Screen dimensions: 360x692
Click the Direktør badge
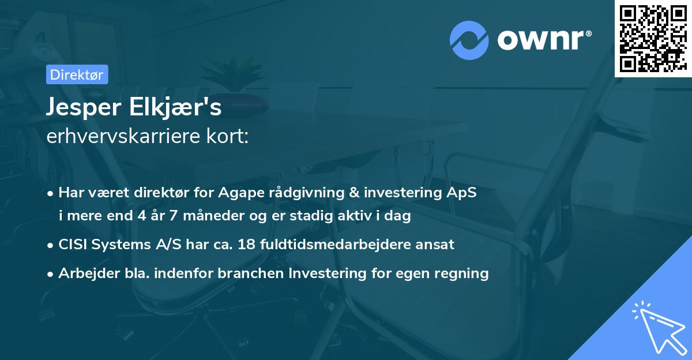pyautogui.click(x=77, y=75)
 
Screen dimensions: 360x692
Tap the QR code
pyautogui.click(x=653, y=38)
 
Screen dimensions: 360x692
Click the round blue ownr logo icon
pyautogui.click(x=469, y=39)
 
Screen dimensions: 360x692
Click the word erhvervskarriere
pyautogui.click(x=118, y=137)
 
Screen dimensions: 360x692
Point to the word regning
pyautogui.click(x=460, y=273)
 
